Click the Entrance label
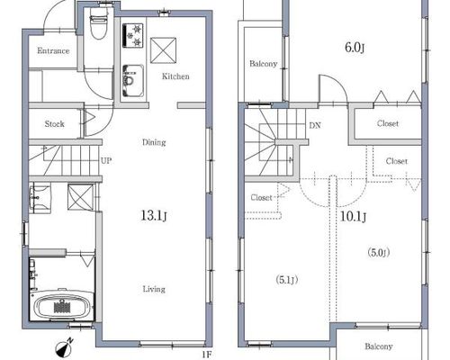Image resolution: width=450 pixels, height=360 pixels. (x=53, y=50)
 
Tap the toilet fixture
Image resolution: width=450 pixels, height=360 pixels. (x=98, y=24)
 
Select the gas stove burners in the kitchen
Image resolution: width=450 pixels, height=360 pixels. (x=133, y=35)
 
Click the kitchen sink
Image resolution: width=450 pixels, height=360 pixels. (x=133, y=80)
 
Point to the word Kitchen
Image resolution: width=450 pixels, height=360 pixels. (x=175, y=76)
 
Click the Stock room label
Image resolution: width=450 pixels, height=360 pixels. (x=54, y=124)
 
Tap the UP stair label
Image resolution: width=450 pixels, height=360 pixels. (x=106, y=161)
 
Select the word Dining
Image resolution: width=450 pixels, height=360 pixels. (x=154, y=142)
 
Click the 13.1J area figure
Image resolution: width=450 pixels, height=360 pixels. (x=154, y=216)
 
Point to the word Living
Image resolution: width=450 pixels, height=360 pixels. (x=154, y=289)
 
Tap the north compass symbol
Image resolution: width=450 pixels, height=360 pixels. (x=64, y=347)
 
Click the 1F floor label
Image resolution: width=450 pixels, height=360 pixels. (x=206, y=355)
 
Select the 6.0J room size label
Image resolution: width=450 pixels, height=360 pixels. (x=355, y=48)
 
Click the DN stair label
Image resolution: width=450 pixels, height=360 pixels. (x=315, y=125)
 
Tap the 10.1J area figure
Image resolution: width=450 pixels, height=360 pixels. (x=353, y=216)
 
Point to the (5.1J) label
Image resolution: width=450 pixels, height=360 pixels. (x=287, y=280)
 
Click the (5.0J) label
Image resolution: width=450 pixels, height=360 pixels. (x=379, y=253)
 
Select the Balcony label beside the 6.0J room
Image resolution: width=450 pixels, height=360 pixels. (x=263, y=64)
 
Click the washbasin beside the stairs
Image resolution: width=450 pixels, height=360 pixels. (x=40, y=198)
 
